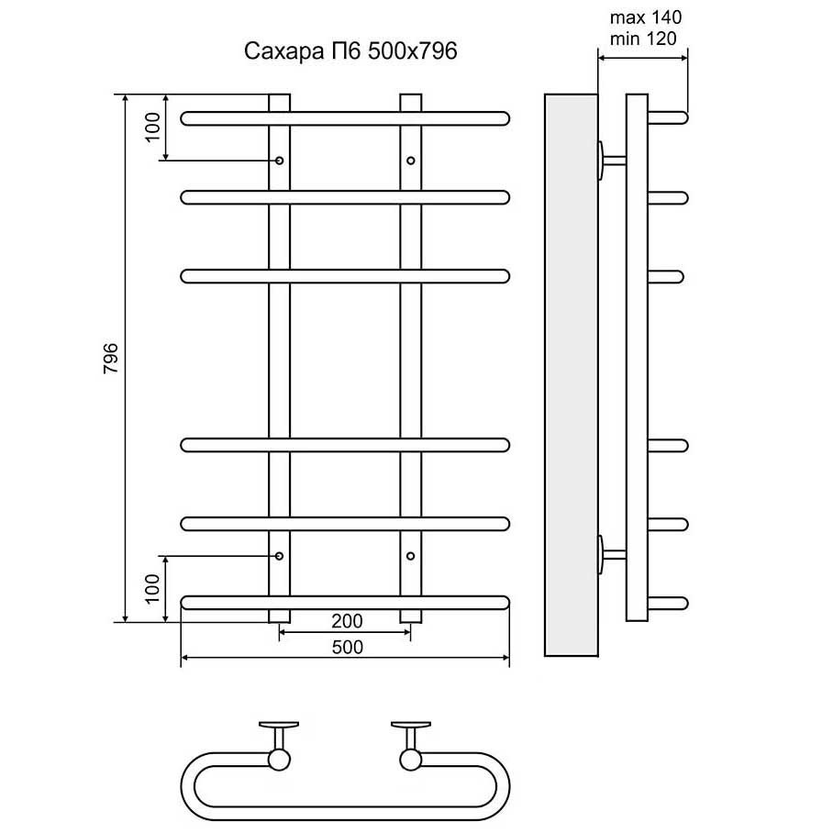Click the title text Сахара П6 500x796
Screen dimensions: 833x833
(350, 51)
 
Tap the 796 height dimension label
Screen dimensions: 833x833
(110, 357)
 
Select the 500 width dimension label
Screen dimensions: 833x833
(346, 647)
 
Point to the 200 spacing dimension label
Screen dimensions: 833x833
(346, 622)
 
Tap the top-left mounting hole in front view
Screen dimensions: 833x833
(280, 161)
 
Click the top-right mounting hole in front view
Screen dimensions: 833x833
(410, 161)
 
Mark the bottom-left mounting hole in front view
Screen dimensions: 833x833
(280, 556)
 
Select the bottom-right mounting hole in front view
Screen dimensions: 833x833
(410, 556)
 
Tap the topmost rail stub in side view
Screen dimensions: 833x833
(669, 117)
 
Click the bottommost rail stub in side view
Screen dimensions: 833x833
(669, 603)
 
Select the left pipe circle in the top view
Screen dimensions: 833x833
(279, 759)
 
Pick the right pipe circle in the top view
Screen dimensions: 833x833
(410, 759)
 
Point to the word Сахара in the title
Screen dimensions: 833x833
(275, 51)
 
